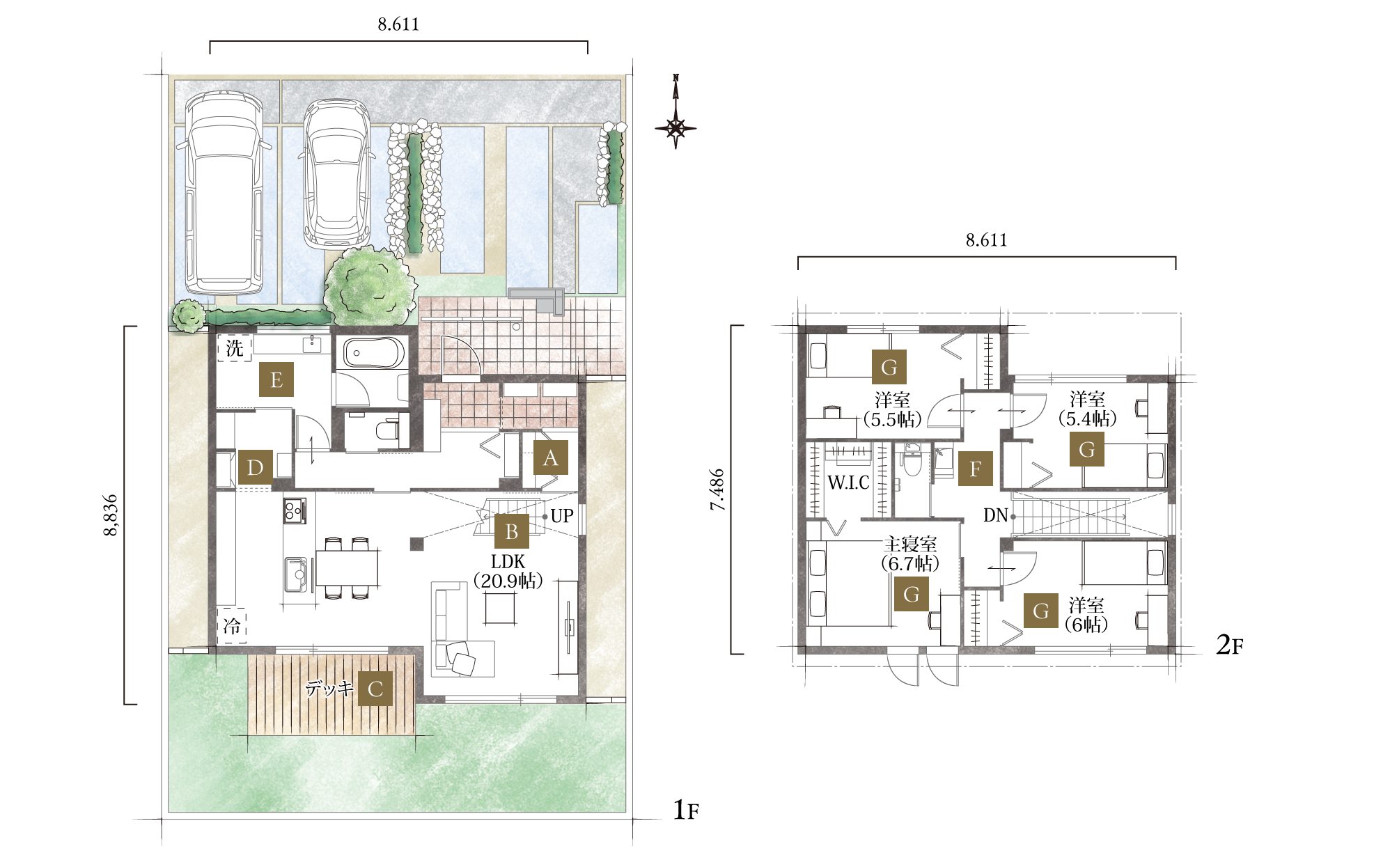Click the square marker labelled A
point(551,458)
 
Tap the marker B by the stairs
point(512,531)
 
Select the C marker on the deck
point(375,689)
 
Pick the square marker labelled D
point(256,467)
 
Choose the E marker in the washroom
point(276,379)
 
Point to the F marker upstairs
point(976,469)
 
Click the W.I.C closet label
point(848,483)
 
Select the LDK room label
point(508,561)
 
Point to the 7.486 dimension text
point(718,490)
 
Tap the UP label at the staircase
point(562,516)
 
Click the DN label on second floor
point(996,515)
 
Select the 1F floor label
point(685,810)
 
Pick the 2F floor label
point(1229,645)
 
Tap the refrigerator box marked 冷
point(232,626)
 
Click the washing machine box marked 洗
point(235,347)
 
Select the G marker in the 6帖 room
point(1041,611)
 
